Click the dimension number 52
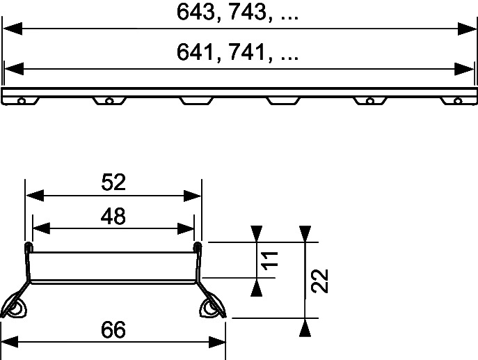113,182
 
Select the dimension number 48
113,216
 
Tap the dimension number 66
113,330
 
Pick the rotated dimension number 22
320,281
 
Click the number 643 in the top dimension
196,13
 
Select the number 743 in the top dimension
248,13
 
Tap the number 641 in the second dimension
195,52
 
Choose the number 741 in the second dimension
247,52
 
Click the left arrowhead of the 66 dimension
10,342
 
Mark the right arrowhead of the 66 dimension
217,342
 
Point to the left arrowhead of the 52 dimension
35,196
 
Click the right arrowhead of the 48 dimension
185,228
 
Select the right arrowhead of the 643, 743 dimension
467,29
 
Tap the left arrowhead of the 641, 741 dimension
14,69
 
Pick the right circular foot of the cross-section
210,308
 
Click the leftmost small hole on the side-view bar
22,101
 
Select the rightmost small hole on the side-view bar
458,101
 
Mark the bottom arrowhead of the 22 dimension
305,327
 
